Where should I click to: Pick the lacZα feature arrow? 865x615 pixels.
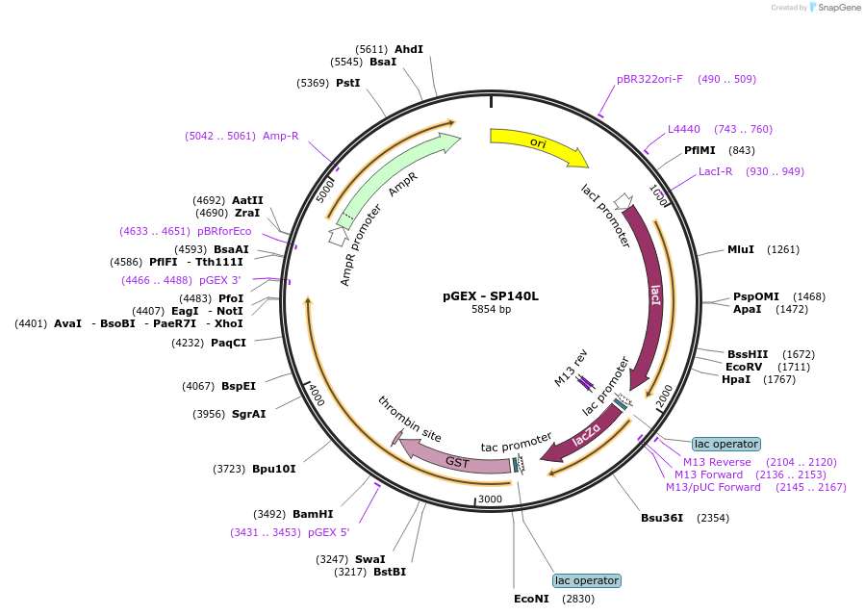(x=585, y=436)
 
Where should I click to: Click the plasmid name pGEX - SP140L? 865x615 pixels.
(x=491, y=296)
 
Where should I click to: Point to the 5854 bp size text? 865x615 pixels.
(x=491, y=310)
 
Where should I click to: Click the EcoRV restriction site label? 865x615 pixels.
(x=744, y=367)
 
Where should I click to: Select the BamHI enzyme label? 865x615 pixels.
(x=313, y=514)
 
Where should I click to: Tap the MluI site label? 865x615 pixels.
(x=740, y=249)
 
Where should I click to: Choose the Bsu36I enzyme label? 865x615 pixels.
(x=661, y=518)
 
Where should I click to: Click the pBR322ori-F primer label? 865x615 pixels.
(x=649, y=79)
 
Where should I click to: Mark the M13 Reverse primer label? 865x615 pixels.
(x=717, y=462)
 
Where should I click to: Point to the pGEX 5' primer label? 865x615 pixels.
(x=329, y=532)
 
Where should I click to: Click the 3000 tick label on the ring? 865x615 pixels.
(x=490, y=500)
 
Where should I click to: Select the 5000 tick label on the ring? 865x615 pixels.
(x=325, y=190)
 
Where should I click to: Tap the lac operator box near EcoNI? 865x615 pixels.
(x=587, y=580)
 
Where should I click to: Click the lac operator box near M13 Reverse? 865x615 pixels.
(x=726, y=444)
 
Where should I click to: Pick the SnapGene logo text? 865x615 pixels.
(x=838, y=7)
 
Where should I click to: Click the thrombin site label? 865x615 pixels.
(x=410, y=420)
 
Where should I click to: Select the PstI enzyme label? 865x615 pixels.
(x=347, y=83)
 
